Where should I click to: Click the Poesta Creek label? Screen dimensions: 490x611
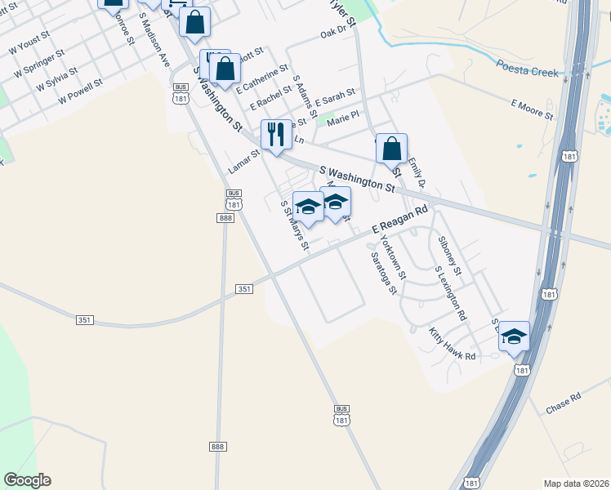[528, 72]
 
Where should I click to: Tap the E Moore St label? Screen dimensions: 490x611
[532, 109]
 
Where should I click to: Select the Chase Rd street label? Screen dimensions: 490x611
[563, 402]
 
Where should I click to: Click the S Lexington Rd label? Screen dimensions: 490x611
[451, 292]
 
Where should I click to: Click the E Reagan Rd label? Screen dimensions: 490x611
[400, 220]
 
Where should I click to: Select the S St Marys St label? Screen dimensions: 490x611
[295, 226]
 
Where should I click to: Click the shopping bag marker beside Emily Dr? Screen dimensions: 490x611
[392, 148]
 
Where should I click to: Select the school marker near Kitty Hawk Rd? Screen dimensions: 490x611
[514, 336]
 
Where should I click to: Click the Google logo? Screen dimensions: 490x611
[27, 480]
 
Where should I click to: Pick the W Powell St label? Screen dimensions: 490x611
[80, 91]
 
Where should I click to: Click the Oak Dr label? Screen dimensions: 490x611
[334, 33]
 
